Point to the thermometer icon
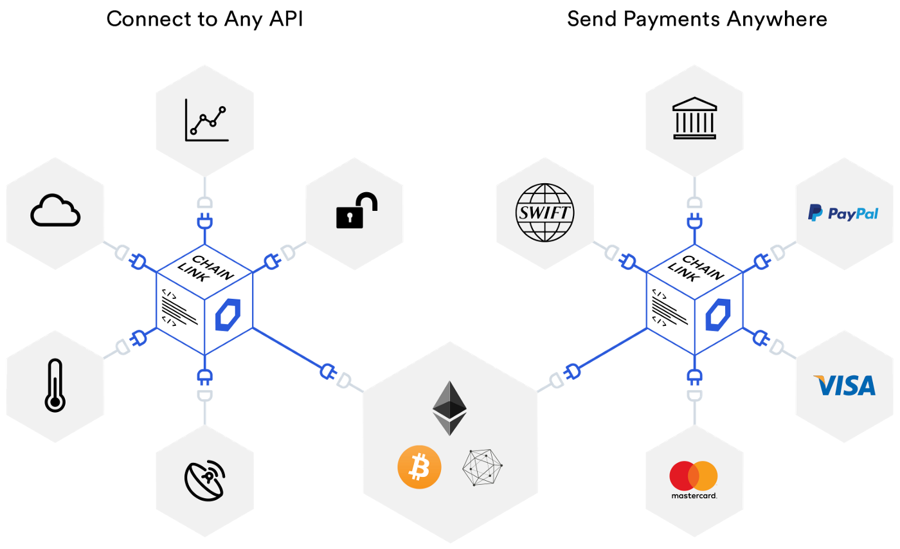click(x=55, y=386)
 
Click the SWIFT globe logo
click(x=544, y=213)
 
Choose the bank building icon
click(x=694, y=118)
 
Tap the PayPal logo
click(x=843, y=213)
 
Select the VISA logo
click(x=844, y=386)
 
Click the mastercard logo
click(x=694, y=480)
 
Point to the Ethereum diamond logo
click(x=449, y=408)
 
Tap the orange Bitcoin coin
click(x=419, y=467)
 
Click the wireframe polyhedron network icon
click(x=482, y=467)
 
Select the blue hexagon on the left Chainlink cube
click(x=228, y=315)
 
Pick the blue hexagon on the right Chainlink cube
click(x=718, y=315)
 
